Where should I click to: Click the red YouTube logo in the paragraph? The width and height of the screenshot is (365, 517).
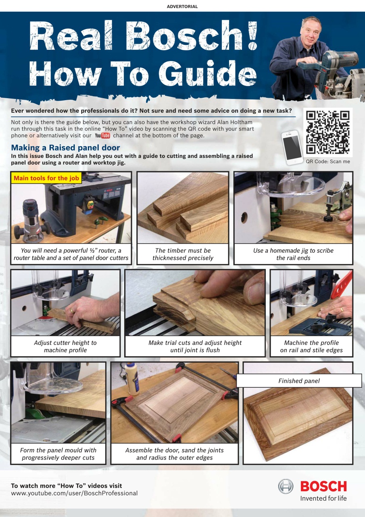(102, 136)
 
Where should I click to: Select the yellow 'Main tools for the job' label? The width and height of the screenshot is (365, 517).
(46, 178)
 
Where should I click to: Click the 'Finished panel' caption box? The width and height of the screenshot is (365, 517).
(298, 381)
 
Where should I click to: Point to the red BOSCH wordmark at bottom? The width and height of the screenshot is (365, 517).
(323, 486)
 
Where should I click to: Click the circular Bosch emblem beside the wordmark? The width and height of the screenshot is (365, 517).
(286, 486)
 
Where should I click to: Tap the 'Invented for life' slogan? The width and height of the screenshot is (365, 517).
(323, 498)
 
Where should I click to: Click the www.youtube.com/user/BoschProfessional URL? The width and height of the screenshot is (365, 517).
(74, 493)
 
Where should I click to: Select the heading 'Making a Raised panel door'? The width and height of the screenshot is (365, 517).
(65, 148)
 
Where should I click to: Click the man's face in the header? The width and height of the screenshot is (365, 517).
(311, 30)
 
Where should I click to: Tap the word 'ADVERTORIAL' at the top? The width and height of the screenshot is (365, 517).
(182, 6)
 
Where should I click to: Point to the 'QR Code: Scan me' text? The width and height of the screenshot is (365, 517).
(328, 161)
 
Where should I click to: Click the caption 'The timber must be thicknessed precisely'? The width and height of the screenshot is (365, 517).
(183, 254)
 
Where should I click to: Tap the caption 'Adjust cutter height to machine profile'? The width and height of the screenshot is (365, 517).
(65, 346)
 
